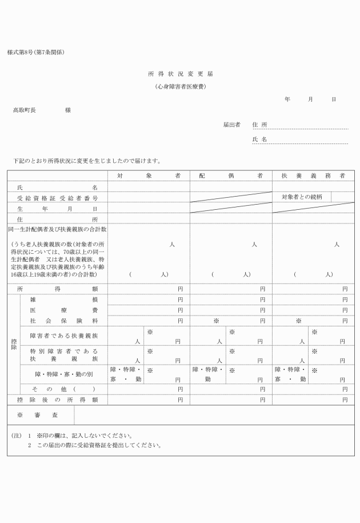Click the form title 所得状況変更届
[181, 74]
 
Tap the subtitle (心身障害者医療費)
[181, 87]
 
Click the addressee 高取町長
[25, 109]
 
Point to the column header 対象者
[149, 175]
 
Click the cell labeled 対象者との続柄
[302, 197]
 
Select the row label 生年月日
[57, 209]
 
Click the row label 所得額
[57, 289]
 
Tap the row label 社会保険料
[63, 321]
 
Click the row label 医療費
[63, 310]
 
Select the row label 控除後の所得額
[57, 399]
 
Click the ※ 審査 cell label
[41, 415]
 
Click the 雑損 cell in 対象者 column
[149, 300]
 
